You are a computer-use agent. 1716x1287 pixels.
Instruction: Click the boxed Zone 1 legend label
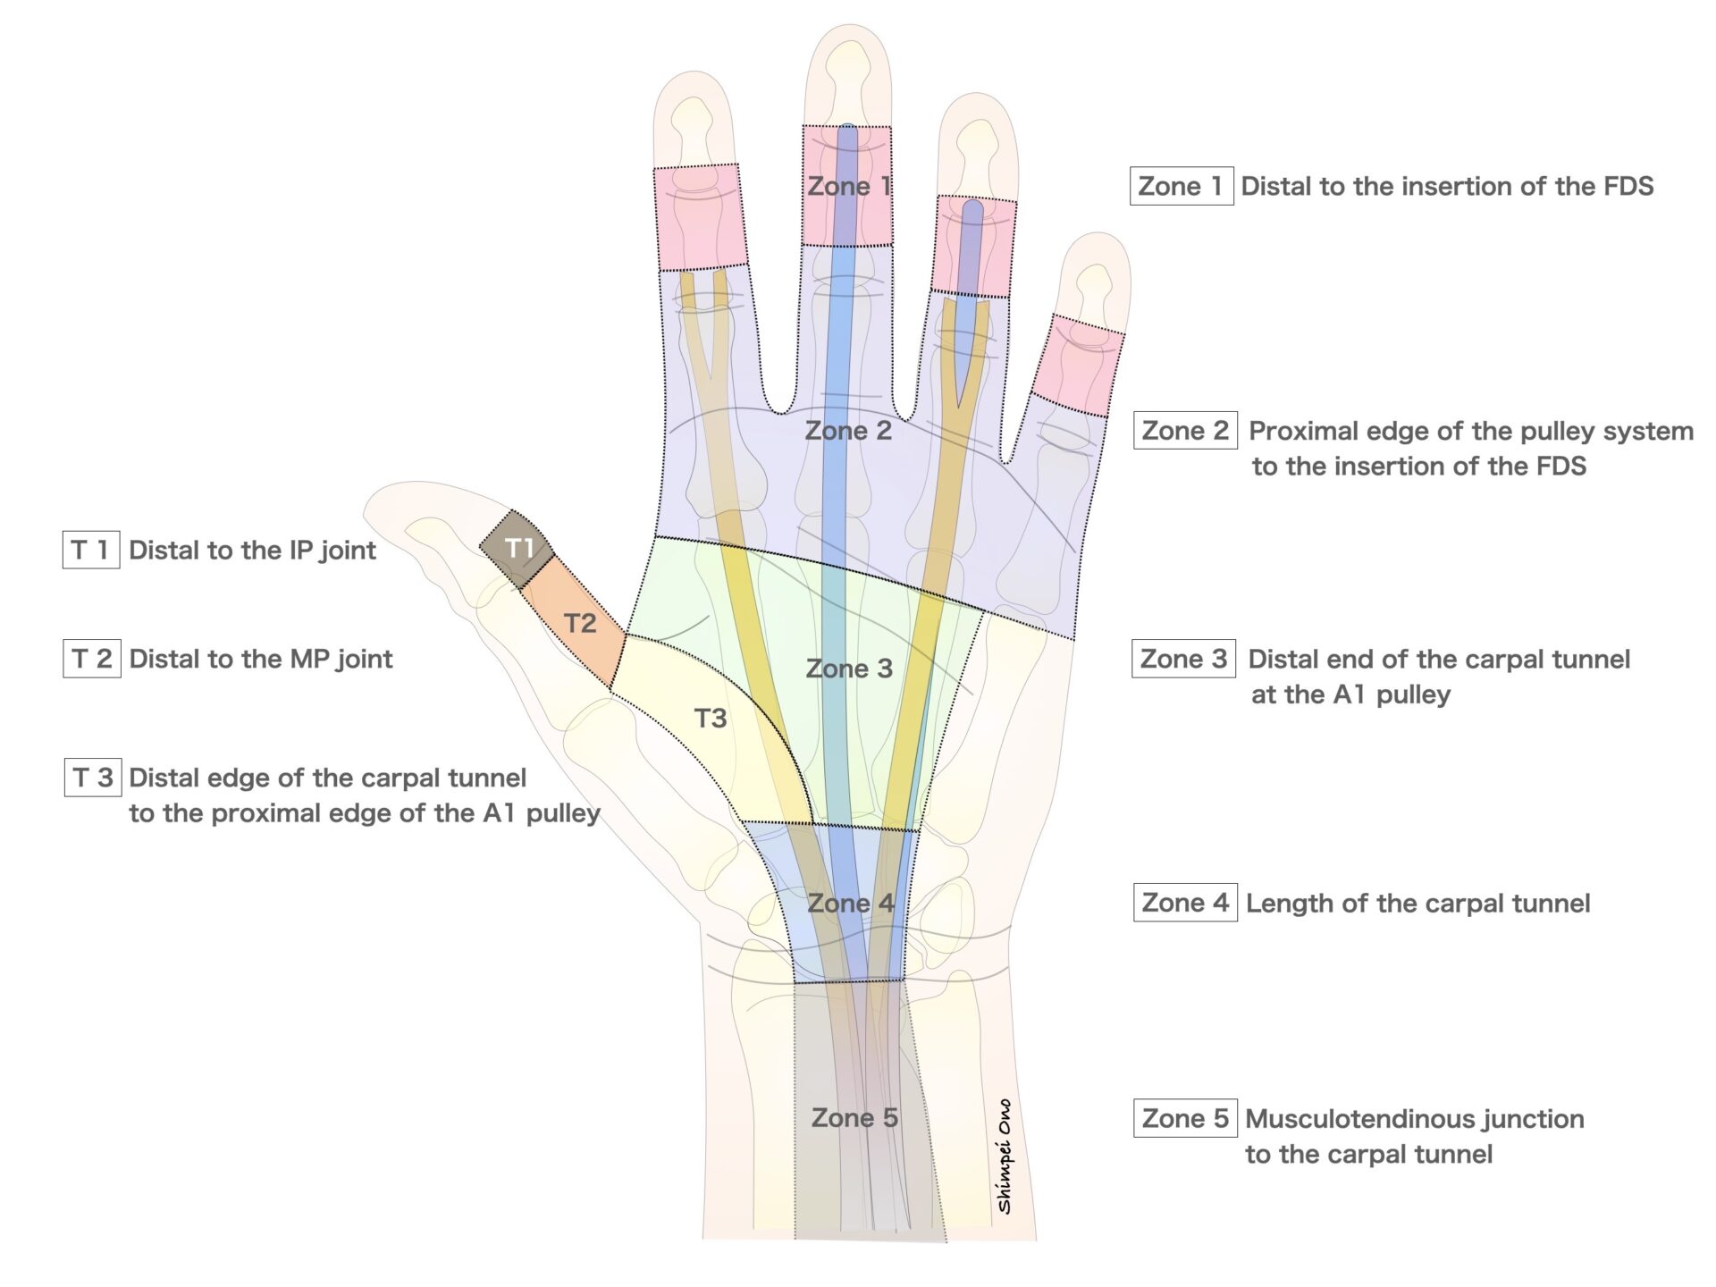1182,186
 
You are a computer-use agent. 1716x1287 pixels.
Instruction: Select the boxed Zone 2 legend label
1185,431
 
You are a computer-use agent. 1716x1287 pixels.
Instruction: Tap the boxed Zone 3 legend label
1184,659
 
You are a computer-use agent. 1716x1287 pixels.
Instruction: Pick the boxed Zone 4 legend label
1185,903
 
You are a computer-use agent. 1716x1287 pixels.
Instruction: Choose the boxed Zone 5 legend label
1185,1118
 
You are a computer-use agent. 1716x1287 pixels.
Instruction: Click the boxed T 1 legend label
91,550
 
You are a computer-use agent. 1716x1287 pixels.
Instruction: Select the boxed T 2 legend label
92,659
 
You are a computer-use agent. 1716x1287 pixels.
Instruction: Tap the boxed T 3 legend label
93,777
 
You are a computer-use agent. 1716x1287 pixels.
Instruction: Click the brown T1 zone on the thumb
517,549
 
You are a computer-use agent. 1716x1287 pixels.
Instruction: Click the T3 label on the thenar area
711,718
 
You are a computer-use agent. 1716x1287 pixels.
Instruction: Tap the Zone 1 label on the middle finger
848,186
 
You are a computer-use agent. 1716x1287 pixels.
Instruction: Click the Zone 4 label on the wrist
850,903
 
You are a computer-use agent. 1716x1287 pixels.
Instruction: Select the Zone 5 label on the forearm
854,1117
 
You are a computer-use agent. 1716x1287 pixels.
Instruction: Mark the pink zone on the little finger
1076,366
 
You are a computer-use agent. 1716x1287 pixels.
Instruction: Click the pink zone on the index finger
699,216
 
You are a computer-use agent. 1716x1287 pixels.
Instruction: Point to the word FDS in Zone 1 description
1624,186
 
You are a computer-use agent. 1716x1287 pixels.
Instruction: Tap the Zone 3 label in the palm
849,669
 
